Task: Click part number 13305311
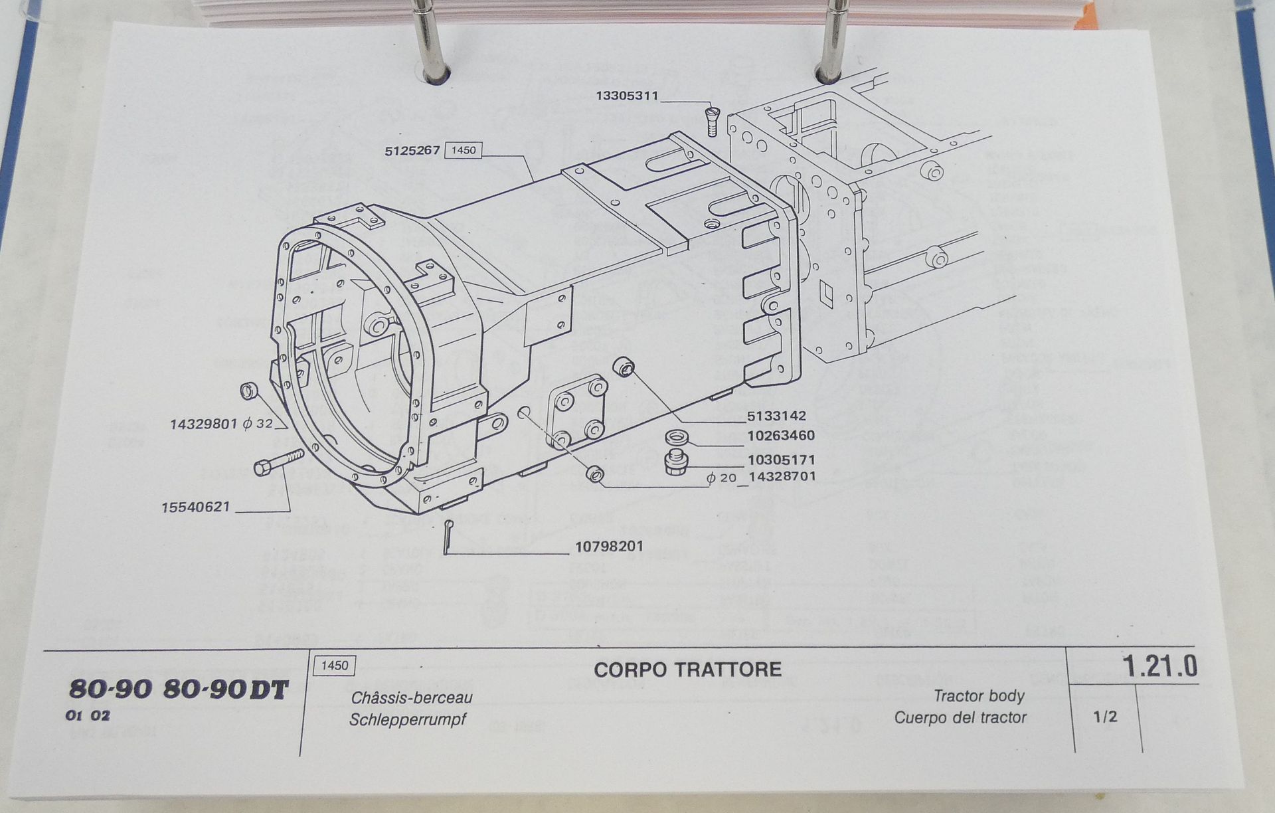627,96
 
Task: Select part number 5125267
412,151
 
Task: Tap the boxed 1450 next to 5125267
463,150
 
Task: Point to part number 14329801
203,424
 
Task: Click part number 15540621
195,507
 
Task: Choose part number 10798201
609,547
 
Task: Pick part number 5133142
776,416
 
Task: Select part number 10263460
780,436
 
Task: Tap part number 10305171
781,460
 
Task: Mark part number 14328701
782,476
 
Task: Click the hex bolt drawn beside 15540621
278,462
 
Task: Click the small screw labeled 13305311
712,120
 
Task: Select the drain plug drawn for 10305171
675,462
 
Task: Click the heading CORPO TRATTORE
687,670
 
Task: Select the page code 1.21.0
1159,666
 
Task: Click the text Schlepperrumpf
408,720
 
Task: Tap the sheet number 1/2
1105,717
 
